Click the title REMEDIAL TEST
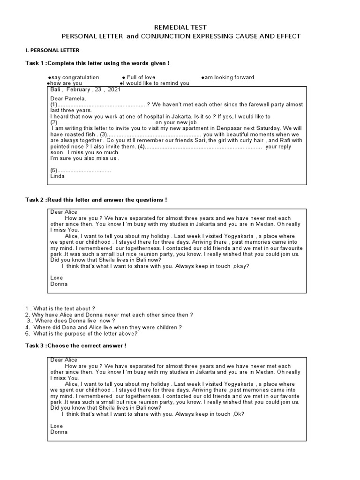(x=180, y=28)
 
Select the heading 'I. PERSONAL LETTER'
(x=52, y=50)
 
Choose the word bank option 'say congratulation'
(x=74, y=77)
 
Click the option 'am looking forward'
(x=228, y=77)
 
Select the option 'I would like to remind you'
(x=155, y=83)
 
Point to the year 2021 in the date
(x=113, y=89)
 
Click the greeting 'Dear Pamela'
(x=68, y=98)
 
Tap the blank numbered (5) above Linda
(x=81, y=171)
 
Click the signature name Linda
(x=57, y=176)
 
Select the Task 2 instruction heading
(x=96, y=200)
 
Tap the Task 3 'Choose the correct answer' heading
(x=75, y=345)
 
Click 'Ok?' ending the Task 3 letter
(x=238, y=414)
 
